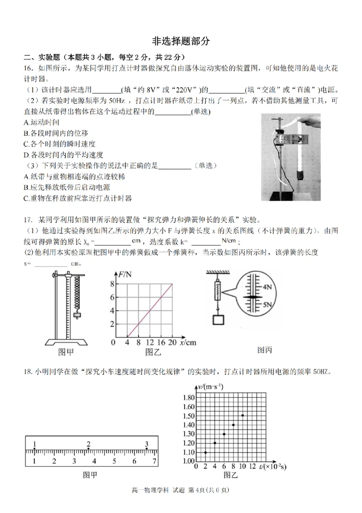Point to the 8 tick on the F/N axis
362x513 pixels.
[x=112, y=284]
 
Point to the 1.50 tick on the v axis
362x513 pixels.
[x=189, y=416]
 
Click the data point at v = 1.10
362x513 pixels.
[x=205, y=452]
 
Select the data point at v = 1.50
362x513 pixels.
[x=243, y=415]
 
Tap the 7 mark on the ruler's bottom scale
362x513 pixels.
[x=154, y=461]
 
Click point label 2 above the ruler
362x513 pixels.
[x=89, y=444]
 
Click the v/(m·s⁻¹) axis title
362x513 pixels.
[x=211, y=386]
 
